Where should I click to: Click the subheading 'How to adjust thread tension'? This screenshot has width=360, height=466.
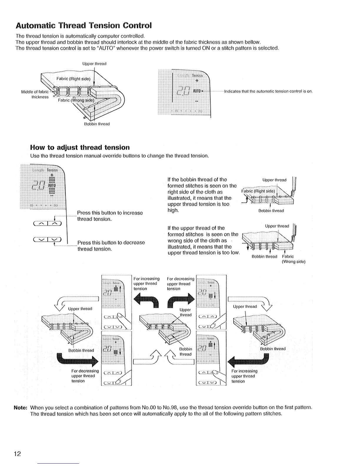(x=80, y=147)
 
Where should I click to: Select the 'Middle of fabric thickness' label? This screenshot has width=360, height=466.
(x=35, y=94)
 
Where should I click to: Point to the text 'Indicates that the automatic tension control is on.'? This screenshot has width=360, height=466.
(x=268, y=91)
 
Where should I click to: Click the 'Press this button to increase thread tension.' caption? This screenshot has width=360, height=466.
(x=110, y=216)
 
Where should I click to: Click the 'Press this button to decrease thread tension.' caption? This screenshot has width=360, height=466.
(x=111, y=246)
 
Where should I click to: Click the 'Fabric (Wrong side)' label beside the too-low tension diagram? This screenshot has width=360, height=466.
(x=293, y=259)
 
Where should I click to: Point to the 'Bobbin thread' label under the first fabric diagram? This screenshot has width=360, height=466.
(x=97, y=124)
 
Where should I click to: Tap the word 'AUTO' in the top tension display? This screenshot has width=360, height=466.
(x=196, y=90)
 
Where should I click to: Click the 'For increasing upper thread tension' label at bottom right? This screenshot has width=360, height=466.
(x=244, y=376)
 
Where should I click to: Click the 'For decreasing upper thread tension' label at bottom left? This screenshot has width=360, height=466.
(x=83, y=376)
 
